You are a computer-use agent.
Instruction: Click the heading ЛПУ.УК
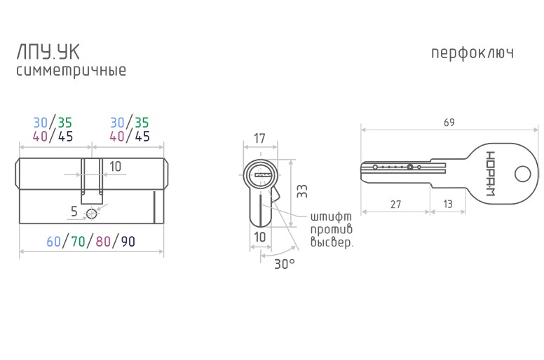(x=48, y=52)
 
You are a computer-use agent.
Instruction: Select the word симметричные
(x=72, y=71)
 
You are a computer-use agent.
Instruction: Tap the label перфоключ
(x=472, y=54)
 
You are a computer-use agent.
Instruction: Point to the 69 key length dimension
(x=449, y=123)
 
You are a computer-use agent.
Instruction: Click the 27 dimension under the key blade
(x=396, y=204)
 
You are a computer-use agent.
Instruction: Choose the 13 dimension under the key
(x=447, y=204)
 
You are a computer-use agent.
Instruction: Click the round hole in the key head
(x=522, y=174)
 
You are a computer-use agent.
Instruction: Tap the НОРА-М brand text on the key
(x=490, y=174)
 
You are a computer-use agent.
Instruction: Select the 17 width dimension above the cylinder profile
(x=259, y=138)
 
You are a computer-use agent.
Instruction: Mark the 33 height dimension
(x=302, y=191)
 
